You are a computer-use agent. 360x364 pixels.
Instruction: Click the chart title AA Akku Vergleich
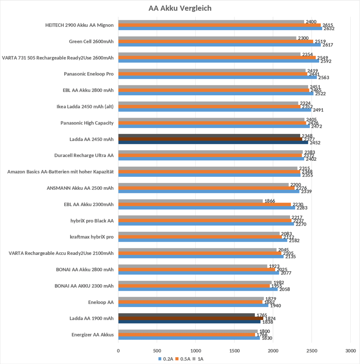(180, 8)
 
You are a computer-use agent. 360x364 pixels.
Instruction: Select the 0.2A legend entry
(166, 359)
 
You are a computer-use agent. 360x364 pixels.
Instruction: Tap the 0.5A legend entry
(184, 359)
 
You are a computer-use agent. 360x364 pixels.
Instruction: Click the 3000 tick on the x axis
(350, 350)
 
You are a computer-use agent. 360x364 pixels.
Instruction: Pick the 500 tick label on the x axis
(157, 350)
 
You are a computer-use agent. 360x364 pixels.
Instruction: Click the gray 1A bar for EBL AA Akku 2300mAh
(190, 201)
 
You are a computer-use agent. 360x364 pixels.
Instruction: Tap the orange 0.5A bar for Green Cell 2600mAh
(215, 41)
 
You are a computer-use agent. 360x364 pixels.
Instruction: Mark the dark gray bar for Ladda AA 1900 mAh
(186, 315)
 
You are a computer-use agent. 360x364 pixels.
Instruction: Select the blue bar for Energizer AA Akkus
(189, 338)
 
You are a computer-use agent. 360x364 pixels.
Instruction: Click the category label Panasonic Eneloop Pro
(89, 74)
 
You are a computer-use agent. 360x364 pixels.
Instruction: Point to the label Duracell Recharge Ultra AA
(84, 155)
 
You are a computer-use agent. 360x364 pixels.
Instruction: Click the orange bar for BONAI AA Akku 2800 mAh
(197, 269)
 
